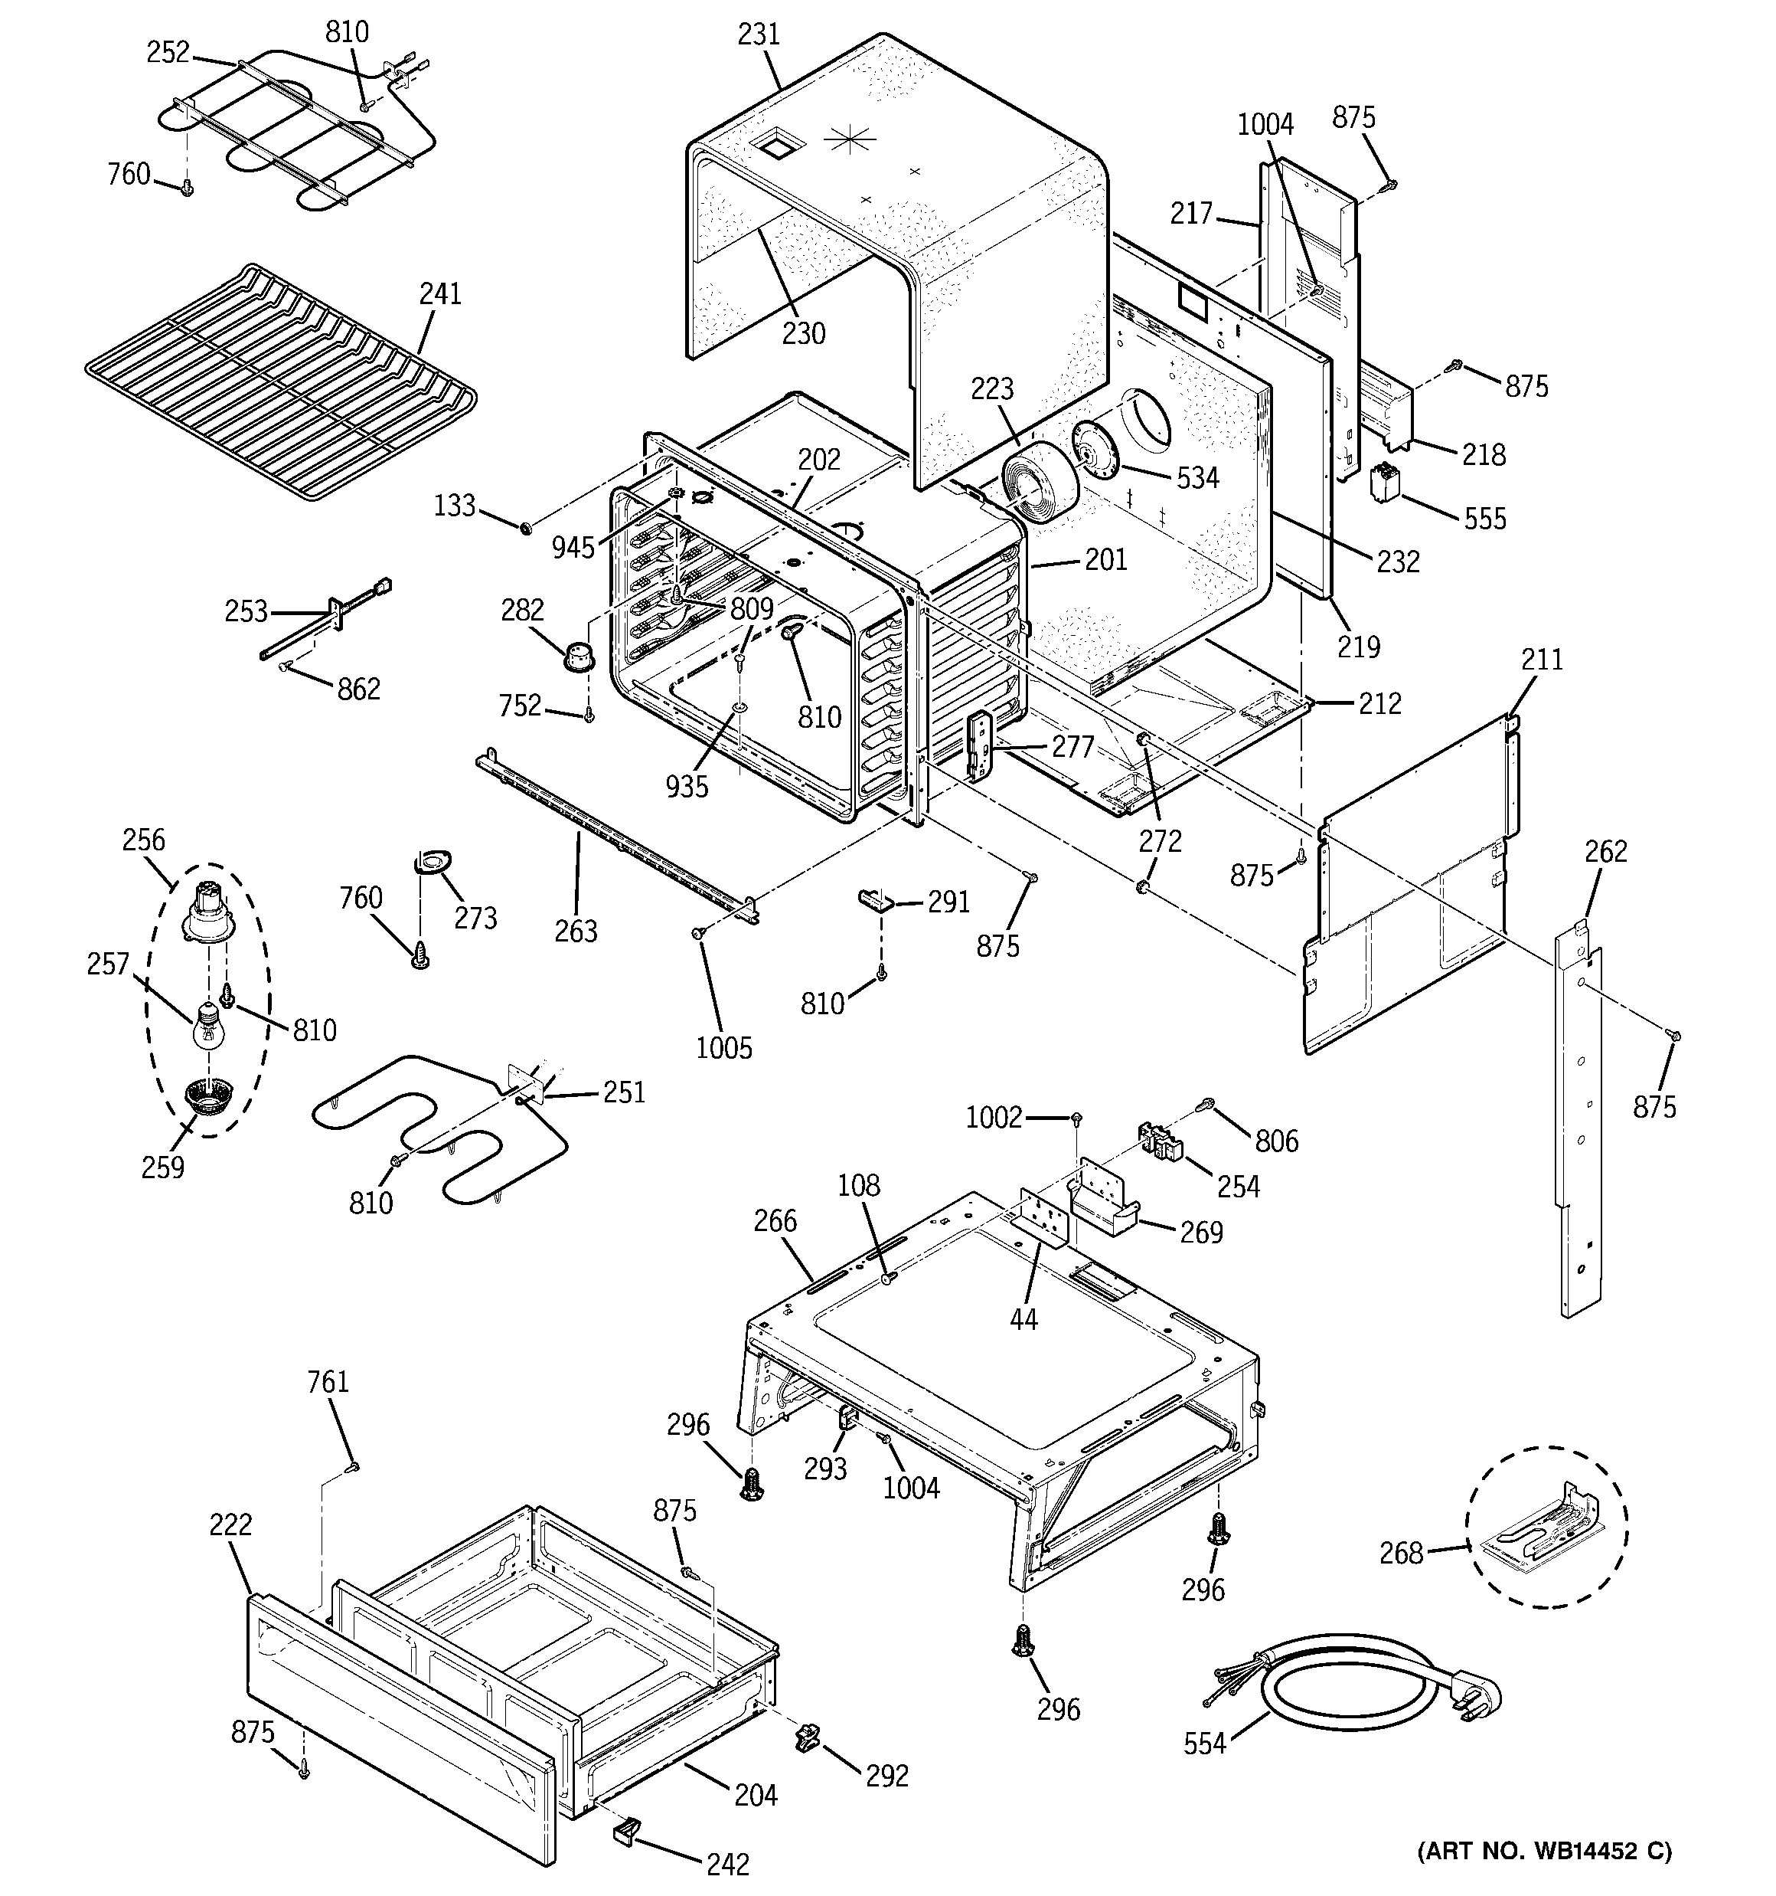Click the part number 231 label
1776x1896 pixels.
click(759, 35)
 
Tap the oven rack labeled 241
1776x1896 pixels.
click(276, 381)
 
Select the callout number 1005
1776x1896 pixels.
click(723, 1047)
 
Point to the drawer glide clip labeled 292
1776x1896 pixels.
click(807, 1737)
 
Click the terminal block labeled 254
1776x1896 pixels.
click(1161, 1141)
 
